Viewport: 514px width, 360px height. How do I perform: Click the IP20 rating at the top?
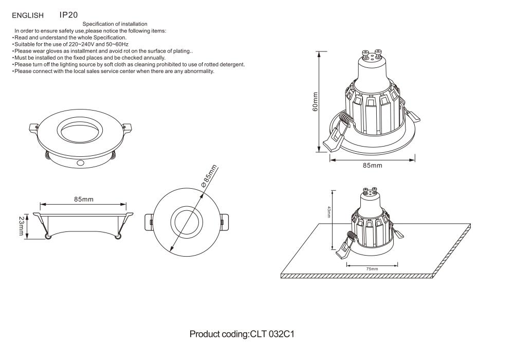(x=68, y=15)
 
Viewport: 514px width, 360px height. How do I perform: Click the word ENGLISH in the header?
(x=28, y=15)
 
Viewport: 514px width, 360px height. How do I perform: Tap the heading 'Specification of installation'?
(x=115, y=24)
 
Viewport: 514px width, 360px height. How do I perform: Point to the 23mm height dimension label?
(x=22, y=226)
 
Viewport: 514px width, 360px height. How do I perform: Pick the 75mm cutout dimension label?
(x=372, y=269)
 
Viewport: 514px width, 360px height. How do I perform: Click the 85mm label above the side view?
(x=83, y=199)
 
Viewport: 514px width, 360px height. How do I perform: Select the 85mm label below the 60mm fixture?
(x=372, y=166)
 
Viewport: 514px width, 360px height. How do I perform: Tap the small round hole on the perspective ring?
(x=80, y=163)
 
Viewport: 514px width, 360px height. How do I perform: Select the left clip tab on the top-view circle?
(x=149, y=221)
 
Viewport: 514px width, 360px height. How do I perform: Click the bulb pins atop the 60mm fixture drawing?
(x=372, y=54)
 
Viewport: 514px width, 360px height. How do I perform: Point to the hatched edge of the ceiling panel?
(x=360, y=276)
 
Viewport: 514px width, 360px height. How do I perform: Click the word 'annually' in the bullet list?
(x=153, y=58)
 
